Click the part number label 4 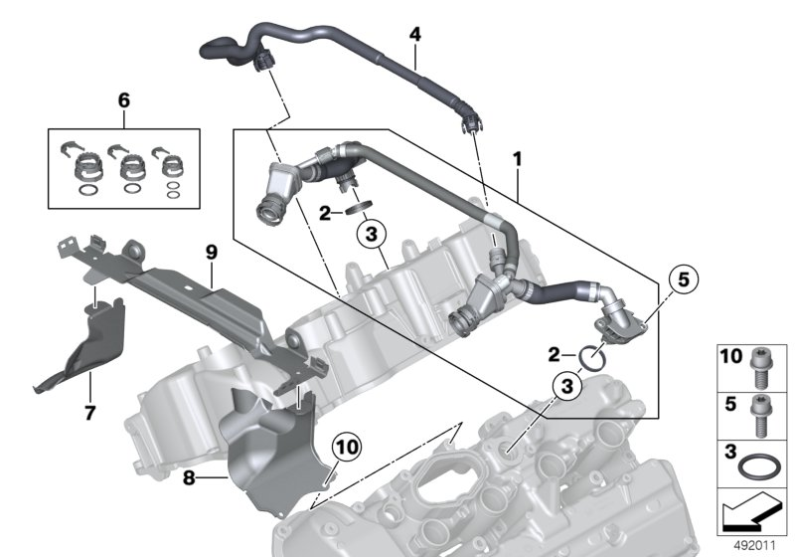pos(415,35)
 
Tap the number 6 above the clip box pos(123,100)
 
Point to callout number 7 pos(89,412)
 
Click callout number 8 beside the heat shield pos(190,478)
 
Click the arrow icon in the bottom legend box pos(752,512)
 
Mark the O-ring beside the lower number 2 pos(592,355)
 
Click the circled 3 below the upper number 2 pos(369,236)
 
